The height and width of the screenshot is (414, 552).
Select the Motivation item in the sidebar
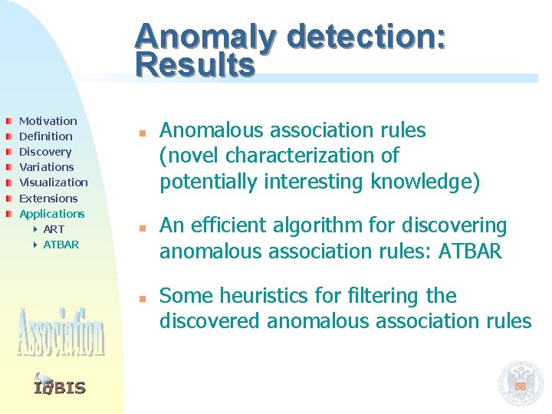[x=48, y=121]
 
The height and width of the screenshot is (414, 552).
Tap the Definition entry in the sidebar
[x=45, y=136]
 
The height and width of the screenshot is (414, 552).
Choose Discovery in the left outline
[x=45, y=152]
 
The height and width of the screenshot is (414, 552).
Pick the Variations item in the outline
[x=46, y=167]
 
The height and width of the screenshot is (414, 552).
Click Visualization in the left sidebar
[x=53, y=182]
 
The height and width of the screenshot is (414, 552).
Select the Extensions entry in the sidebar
[x=48, y=198]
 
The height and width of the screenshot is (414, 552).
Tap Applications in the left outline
[x=51, y=213]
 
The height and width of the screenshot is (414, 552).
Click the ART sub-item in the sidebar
[x=54, y=229]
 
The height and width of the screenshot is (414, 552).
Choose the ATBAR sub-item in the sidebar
[x=61, y=245]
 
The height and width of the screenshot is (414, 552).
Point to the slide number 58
[x=521, y=386]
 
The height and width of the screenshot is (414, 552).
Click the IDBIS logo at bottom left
[x=60, y=386]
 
